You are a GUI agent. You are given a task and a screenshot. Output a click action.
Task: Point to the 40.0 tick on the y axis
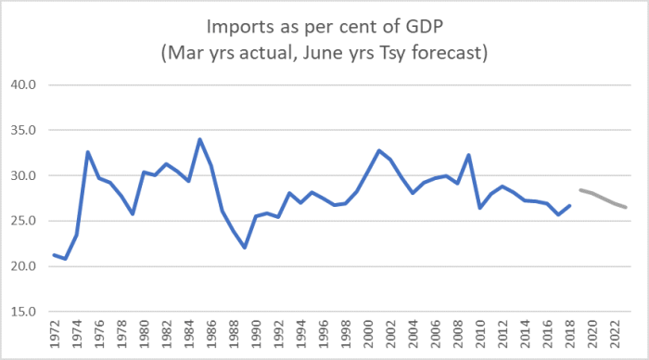pyautogui.click(x=22, y=85)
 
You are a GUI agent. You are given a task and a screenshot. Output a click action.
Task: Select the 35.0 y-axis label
pyautogui.click(x=22, y=131)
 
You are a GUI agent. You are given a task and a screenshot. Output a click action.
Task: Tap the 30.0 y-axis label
pyautogui.click(x=22, y=176)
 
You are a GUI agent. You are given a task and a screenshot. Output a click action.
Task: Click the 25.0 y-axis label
pyautogui.click(x=22, y=222)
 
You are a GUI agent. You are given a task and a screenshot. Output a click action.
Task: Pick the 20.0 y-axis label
pyautogui.click(x=22, y=267)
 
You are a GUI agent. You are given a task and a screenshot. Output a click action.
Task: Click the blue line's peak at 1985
pyautogui.click(x=199, y=140)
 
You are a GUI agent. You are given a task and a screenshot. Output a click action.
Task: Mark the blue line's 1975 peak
pyautogui.click(x=87, y=152)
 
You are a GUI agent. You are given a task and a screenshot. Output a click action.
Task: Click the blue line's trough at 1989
pyautogui.click(x=245, y=248)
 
